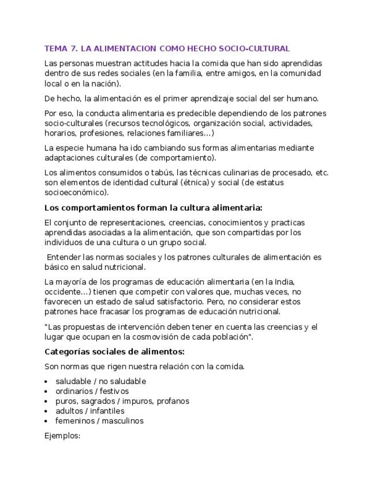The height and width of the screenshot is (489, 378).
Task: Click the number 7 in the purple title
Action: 72,48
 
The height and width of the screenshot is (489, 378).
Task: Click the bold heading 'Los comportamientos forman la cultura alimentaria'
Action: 154,208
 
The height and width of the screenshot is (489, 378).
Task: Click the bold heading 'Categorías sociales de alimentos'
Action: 114,351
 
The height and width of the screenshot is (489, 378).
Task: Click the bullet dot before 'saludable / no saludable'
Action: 46,382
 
